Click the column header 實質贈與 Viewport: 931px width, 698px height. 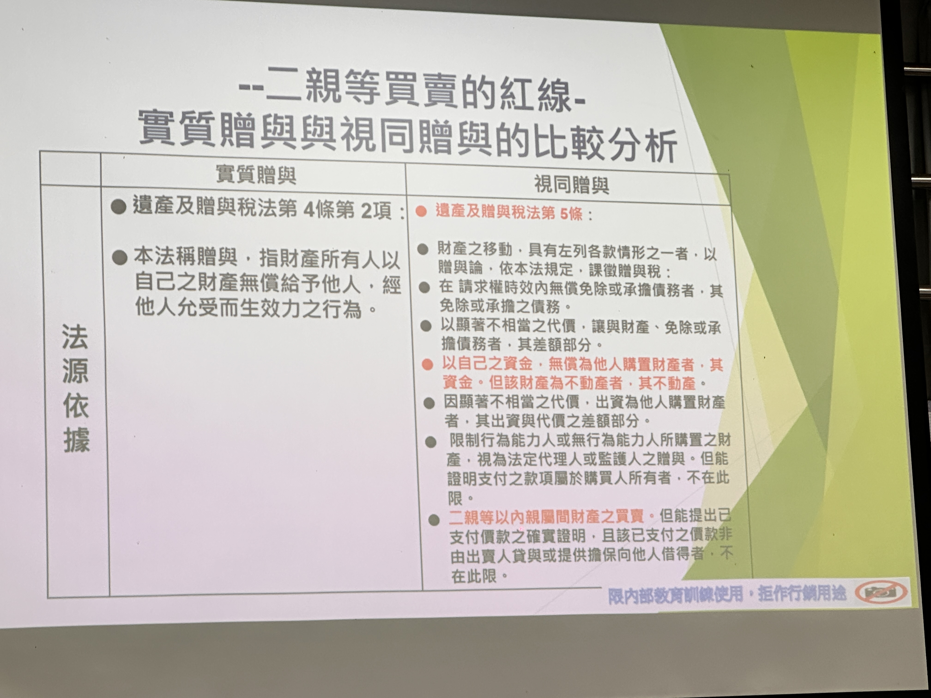256,174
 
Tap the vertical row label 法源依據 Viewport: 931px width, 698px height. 76,388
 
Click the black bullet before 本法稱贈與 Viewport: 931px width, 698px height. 120,258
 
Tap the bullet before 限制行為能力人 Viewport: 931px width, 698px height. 431,442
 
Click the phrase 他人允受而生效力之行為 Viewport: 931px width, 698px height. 248,308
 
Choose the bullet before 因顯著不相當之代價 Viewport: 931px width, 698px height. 429,403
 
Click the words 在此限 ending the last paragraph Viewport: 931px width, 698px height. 474,576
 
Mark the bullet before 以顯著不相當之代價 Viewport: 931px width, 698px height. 426,326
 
